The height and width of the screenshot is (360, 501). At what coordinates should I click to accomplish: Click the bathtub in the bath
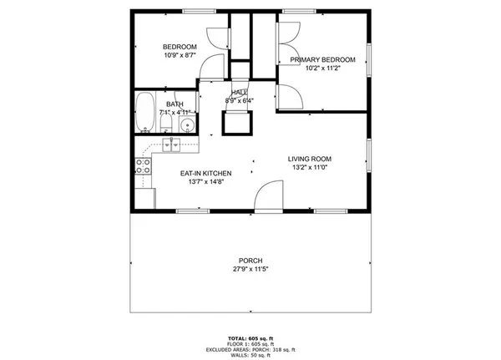(145, 112)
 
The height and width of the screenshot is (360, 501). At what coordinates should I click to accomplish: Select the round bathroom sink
(185, 125)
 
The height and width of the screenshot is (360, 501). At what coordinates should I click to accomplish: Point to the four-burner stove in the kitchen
(143, 165)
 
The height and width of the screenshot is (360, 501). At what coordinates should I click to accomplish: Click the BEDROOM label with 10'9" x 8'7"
(180, 47)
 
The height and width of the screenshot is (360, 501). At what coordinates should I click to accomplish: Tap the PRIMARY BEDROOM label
(322, 59)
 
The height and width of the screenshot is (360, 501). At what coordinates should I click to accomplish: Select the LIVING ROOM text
(310, 159)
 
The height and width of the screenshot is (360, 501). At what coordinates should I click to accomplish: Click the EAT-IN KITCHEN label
(205, 173)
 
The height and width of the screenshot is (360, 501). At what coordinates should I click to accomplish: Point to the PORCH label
(250, 261)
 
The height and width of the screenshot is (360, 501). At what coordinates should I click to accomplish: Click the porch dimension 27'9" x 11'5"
(250, 269)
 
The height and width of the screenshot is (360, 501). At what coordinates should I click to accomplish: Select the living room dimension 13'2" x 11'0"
(310, 168)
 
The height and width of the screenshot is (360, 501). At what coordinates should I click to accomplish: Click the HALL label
(240, 93)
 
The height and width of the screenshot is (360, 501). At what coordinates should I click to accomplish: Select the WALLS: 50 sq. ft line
(250, 355)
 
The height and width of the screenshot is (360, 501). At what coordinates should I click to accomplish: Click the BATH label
(174, 104)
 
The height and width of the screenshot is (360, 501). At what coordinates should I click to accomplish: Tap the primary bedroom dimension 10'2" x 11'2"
(322, 68)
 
